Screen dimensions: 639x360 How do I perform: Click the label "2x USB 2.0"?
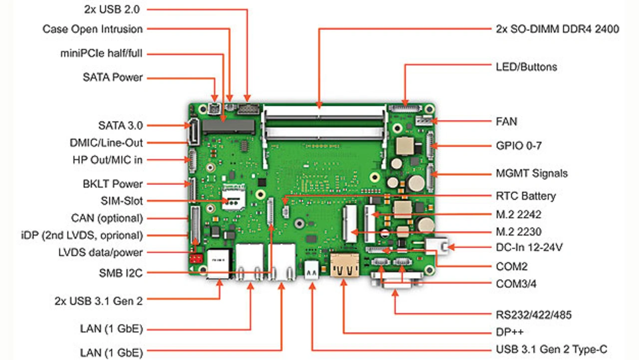(x=112, y=9)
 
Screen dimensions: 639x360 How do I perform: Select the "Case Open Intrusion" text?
(x=92, y=29)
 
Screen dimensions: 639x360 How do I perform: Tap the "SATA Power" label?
(x=113, y=77)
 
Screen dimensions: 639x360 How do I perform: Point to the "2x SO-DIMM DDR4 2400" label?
(x=558, y=29)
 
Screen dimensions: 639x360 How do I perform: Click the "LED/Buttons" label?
(x=526, y=67)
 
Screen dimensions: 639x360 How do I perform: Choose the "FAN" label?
(x=506, y=121)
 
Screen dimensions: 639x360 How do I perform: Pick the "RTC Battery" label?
(x=526, y=196)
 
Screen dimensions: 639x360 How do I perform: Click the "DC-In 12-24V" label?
(x=529, y=247)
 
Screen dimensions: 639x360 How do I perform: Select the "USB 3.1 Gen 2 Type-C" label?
(x=552, y=350)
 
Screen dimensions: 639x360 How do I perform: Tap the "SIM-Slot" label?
(x=121, y=201)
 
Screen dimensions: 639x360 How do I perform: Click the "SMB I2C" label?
(x=121, y=273)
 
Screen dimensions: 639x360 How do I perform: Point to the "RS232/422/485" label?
(x=534, y=315)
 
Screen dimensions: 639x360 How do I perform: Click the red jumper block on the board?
(x=196, y=259)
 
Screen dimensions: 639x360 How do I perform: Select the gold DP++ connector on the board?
(x=344, y=265)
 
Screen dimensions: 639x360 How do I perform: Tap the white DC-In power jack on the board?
(x=436, y=246)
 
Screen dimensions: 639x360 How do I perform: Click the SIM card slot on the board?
(x=234, y=197)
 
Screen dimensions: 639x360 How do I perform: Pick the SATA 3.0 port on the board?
(x=194, y=132)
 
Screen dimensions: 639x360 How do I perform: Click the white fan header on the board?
(x=423, y=121)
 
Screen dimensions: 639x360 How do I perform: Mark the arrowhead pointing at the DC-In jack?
(x=451, y=247)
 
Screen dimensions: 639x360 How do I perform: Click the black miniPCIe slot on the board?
(x=228, y=127)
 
